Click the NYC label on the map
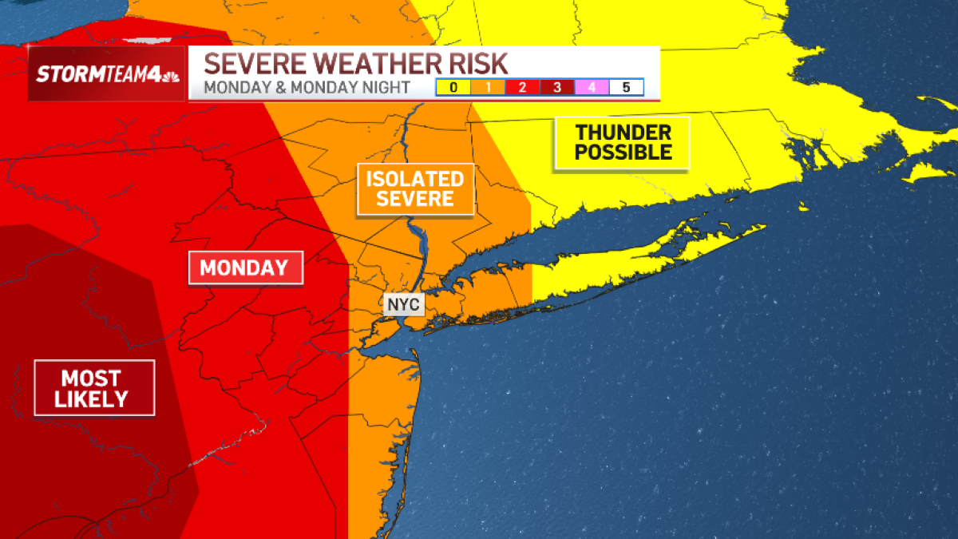(403, 305)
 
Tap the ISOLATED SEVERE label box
(415, 189)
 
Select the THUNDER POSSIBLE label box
(623, 142)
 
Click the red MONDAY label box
(245, 268)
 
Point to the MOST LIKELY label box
(94, 388)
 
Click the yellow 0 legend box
(453, 88)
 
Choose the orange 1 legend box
(488, 88)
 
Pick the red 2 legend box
(522, 88)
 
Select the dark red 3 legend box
(556, 88)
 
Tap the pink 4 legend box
(592, 88)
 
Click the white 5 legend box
(626, 88)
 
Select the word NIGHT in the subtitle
(388, 88)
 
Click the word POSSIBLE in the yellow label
(623, 152)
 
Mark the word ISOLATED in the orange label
(415, 179)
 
